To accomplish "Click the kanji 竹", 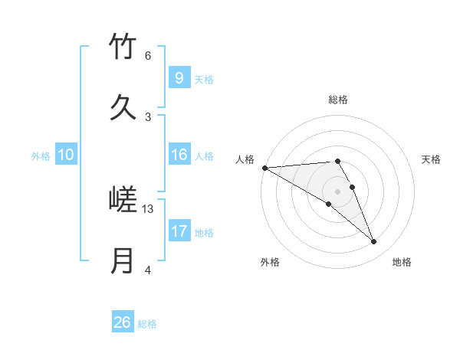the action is pyautogui.click(x=123, y=47).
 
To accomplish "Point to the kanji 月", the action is pyautogui.click(x=123, y=260).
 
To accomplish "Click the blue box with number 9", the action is pyautogui.click(x=179, y=77).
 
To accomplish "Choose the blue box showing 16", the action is pyautogui.click(x=179, y=155).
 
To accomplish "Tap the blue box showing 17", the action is pyautogui.click(x=179, y=231).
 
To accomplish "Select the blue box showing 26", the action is pyautogui.click(x=123, y=322).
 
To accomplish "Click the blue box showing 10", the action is pyautogui.click(x=66, y=155).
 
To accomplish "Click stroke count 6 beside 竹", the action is pyautogui.click(x=147, y=56).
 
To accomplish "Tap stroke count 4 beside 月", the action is pyautogui.click(x=147, y=270).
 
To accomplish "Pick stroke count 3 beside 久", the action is pyautogui.click(x=147, y=116).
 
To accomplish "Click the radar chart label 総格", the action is pyautogui.click(x=338, y=100).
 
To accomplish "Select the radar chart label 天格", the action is pyautogui.click(x=431, y=159).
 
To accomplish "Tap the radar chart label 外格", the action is pyautogui.click(x=270, y=262).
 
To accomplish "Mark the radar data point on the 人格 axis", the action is pyautogui.click(x=264, y=168).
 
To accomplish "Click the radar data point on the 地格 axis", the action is pyautogui.click(x=374, y=242).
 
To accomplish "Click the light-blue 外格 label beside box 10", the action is pyautogui.click(x=41, y=156).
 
